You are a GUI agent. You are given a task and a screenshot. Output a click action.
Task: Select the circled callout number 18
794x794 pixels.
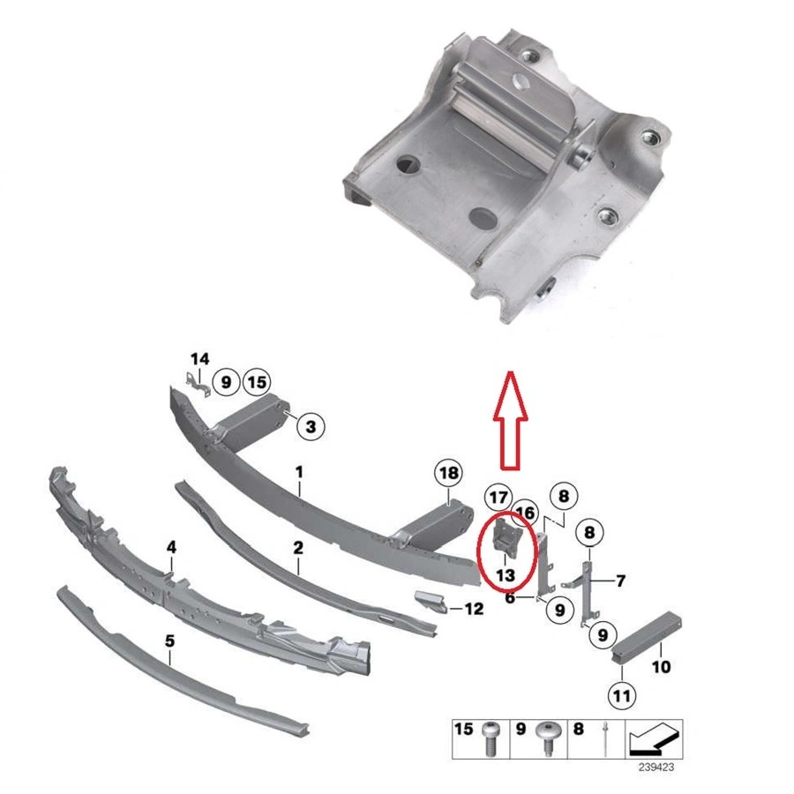[x=448, y=474]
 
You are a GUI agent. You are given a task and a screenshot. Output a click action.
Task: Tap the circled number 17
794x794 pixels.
[x=499, y=498]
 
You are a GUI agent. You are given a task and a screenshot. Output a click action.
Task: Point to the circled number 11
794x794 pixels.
[x=623, y=696]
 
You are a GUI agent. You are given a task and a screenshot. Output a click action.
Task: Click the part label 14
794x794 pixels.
[x=200, y=358]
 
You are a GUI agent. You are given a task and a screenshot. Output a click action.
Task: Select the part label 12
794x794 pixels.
[x=474, y=609]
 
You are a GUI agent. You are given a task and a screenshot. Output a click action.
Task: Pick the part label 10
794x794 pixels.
[x=662, y=667]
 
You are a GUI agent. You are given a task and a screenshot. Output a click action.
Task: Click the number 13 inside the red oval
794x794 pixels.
[x=506, y=574]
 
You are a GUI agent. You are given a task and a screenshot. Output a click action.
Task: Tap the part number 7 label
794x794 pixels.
[x=620, y=581]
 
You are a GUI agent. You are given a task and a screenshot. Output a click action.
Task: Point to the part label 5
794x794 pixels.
[x=169, y=641]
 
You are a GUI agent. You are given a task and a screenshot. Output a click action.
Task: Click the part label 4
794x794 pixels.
[x=171, y=548]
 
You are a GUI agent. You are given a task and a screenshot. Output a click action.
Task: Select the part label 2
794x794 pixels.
[x=298, y=548]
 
